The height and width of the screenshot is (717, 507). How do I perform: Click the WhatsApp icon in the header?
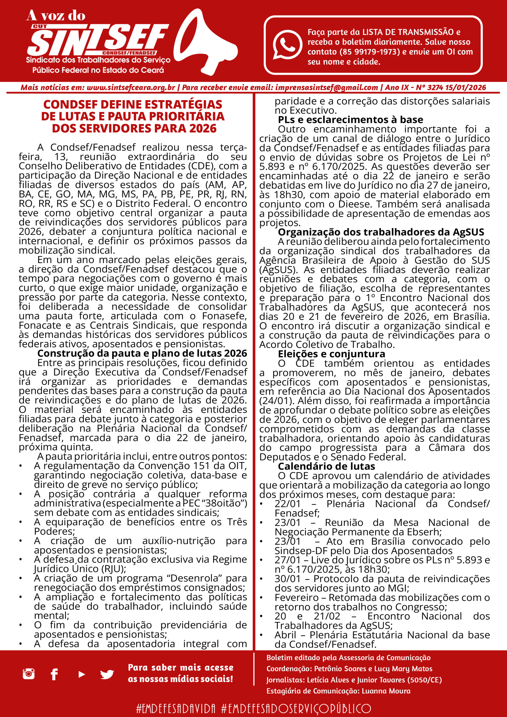[287, 45]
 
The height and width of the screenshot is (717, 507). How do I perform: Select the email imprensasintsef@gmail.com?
[326, 87]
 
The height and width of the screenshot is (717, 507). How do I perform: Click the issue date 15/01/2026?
[466, 87]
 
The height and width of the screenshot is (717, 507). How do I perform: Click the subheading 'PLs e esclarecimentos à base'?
[350, 120]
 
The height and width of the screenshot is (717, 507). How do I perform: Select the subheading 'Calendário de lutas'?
[326, 466]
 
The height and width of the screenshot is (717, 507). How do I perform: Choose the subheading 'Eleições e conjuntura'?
[331, 354]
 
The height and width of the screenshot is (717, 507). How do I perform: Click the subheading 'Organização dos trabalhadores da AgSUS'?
[381, 232]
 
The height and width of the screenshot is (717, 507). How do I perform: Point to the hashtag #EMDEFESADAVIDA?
[176, 708]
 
